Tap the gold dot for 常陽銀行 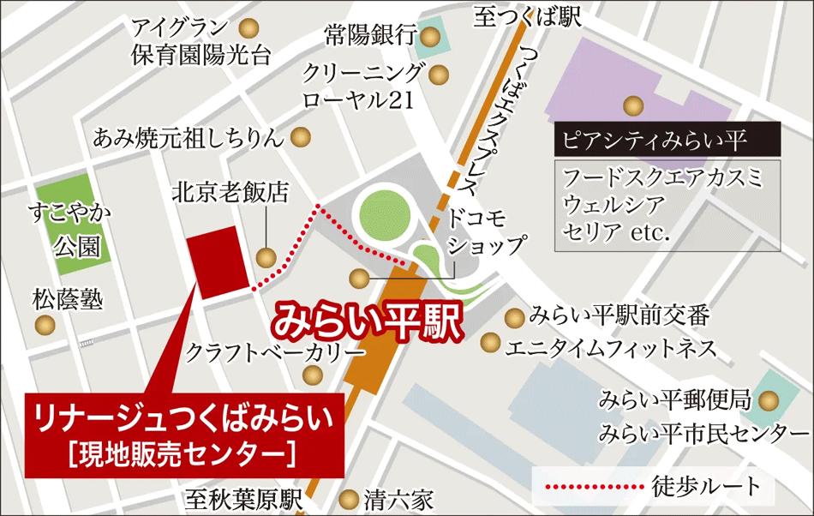pyautogui.click(x=432, y=36)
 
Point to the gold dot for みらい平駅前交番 pyautogui.click(x=513, y=317)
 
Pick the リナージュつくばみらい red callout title pyautogui.click(x=182, y=418)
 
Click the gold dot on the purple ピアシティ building pyautogui.click(x=632, y=105)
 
